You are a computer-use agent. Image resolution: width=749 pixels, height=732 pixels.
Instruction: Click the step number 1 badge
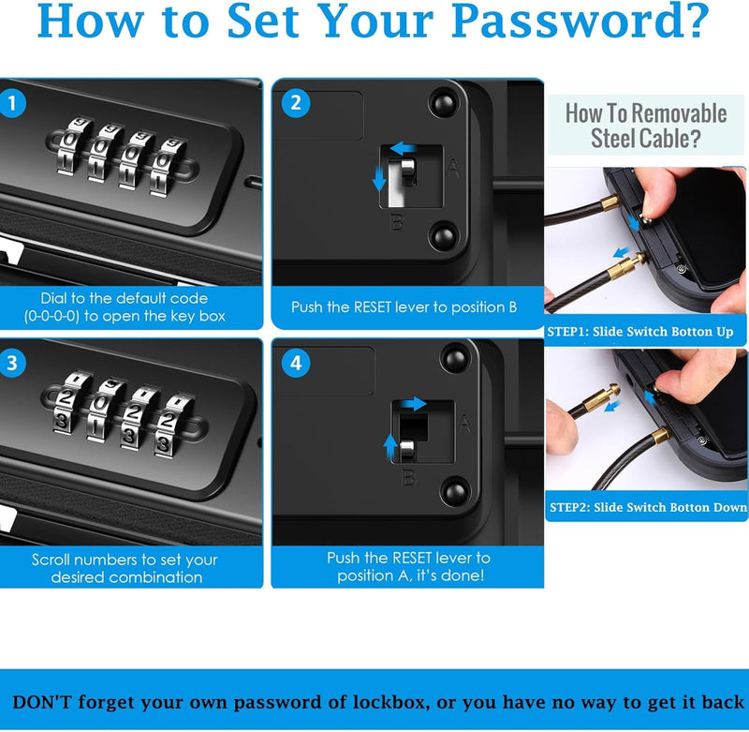[x=12, y=104]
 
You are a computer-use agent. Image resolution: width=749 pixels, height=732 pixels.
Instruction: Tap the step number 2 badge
[x=296, y=103]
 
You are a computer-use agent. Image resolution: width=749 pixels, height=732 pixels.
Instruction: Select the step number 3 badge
[x=12, y=363]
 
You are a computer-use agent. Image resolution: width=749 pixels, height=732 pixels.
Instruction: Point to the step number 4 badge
[x=296, y=363]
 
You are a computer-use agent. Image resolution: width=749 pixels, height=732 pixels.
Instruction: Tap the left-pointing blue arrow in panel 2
[x=404, y=148]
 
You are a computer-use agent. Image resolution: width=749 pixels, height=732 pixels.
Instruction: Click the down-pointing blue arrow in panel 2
[x=379, y=178]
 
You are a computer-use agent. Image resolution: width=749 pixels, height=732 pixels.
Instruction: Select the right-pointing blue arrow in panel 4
[x=413, y=404]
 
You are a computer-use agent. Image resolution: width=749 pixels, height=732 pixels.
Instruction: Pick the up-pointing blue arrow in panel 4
[x=390, y=447]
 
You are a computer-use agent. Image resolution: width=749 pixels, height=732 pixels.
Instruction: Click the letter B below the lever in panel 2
[x=397, y=222]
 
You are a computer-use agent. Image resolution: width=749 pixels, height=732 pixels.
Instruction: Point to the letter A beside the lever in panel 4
[x=464, y=424]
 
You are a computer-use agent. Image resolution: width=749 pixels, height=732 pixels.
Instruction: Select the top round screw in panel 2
[x=444, y=103]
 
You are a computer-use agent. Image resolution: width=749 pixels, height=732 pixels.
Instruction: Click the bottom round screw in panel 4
[x=455, y=492]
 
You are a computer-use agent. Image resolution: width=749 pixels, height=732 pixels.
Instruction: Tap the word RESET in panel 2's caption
[x=373, y=306]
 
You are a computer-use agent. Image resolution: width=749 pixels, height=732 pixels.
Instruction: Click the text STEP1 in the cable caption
[x=567, y=332]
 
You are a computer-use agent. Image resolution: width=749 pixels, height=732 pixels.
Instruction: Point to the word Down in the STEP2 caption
[x=730, y=507]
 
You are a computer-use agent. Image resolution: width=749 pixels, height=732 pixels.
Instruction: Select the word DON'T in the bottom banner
[x=42, y=702]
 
